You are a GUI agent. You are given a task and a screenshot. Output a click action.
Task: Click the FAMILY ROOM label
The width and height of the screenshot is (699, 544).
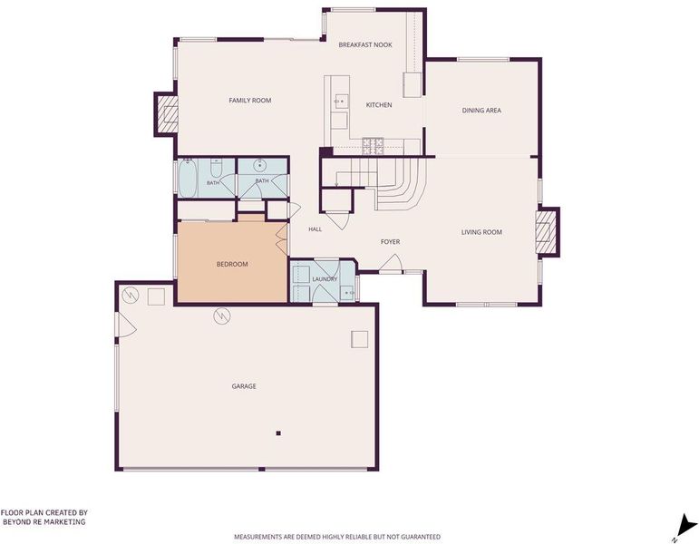(x=250, y=101)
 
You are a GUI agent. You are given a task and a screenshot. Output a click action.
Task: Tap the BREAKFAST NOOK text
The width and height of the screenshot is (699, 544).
(x=365, y=44)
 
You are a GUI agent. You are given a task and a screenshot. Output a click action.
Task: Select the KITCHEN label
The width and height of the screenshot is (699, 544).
(x=379, y=105)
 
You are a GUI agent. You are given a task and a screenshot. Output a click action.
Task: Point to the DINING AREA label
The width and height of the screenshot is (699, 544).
(x=481, y=110)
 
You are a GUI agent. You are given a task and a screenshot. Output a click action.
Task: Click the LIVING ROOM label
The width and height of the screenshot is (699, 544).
(x=481, y=232)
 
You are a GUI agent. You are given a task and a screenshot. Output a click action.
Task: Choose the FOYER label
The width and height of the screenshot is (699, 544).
(x=390, y=242)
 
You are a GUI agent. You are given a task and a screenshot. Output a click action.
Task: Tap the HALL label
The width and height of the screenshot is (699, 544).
(x=316, y=229)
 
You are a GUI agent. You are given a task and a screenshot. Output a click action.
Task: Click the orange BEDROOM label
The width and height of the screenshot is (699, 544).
(x=232, y=264)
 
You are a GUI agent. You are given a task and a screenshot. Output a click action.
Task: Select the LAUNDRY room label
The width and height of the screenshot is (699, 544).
(x=325, y=279)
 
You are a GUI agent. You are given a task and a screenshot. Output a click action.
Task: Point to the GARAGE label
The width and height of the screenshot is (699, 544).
(x=244, y=386)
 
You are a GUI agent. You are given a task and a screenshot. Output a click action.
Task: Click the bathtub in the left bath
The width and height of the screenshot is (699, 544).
(x=188, y=179)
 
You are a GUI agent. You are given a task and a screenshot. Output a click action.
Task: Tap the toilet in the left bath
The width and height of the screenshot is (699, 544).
(x=216, y=167)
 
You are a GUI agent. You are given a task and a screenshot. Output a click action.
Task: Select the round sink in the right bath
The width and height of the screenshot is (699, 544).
(x=260, y=165)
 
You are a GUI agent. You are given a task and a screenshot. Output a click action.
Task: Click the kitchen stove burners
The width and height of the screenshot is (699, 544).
(x=373, y=146)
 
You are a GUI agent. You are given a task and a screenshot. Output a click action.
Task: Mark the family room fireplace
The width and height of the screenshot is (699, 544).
(x=167, y=114)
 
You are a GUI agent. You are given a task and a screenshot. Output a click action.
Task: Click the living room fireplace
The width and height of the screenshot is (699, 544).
(x=547, y=232)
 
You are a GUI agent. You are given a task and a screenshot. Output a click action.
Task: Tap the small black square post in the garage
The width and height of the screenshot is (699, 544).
(x=278, y=433)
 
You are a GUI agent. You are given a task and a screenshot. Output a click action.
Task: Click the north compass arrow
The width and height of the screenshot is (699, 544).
(x=686, y=525)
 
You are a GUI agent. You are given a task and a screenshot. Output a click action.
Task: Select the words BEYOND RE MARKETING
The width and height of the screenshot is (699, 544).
(x=44, y=521)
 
